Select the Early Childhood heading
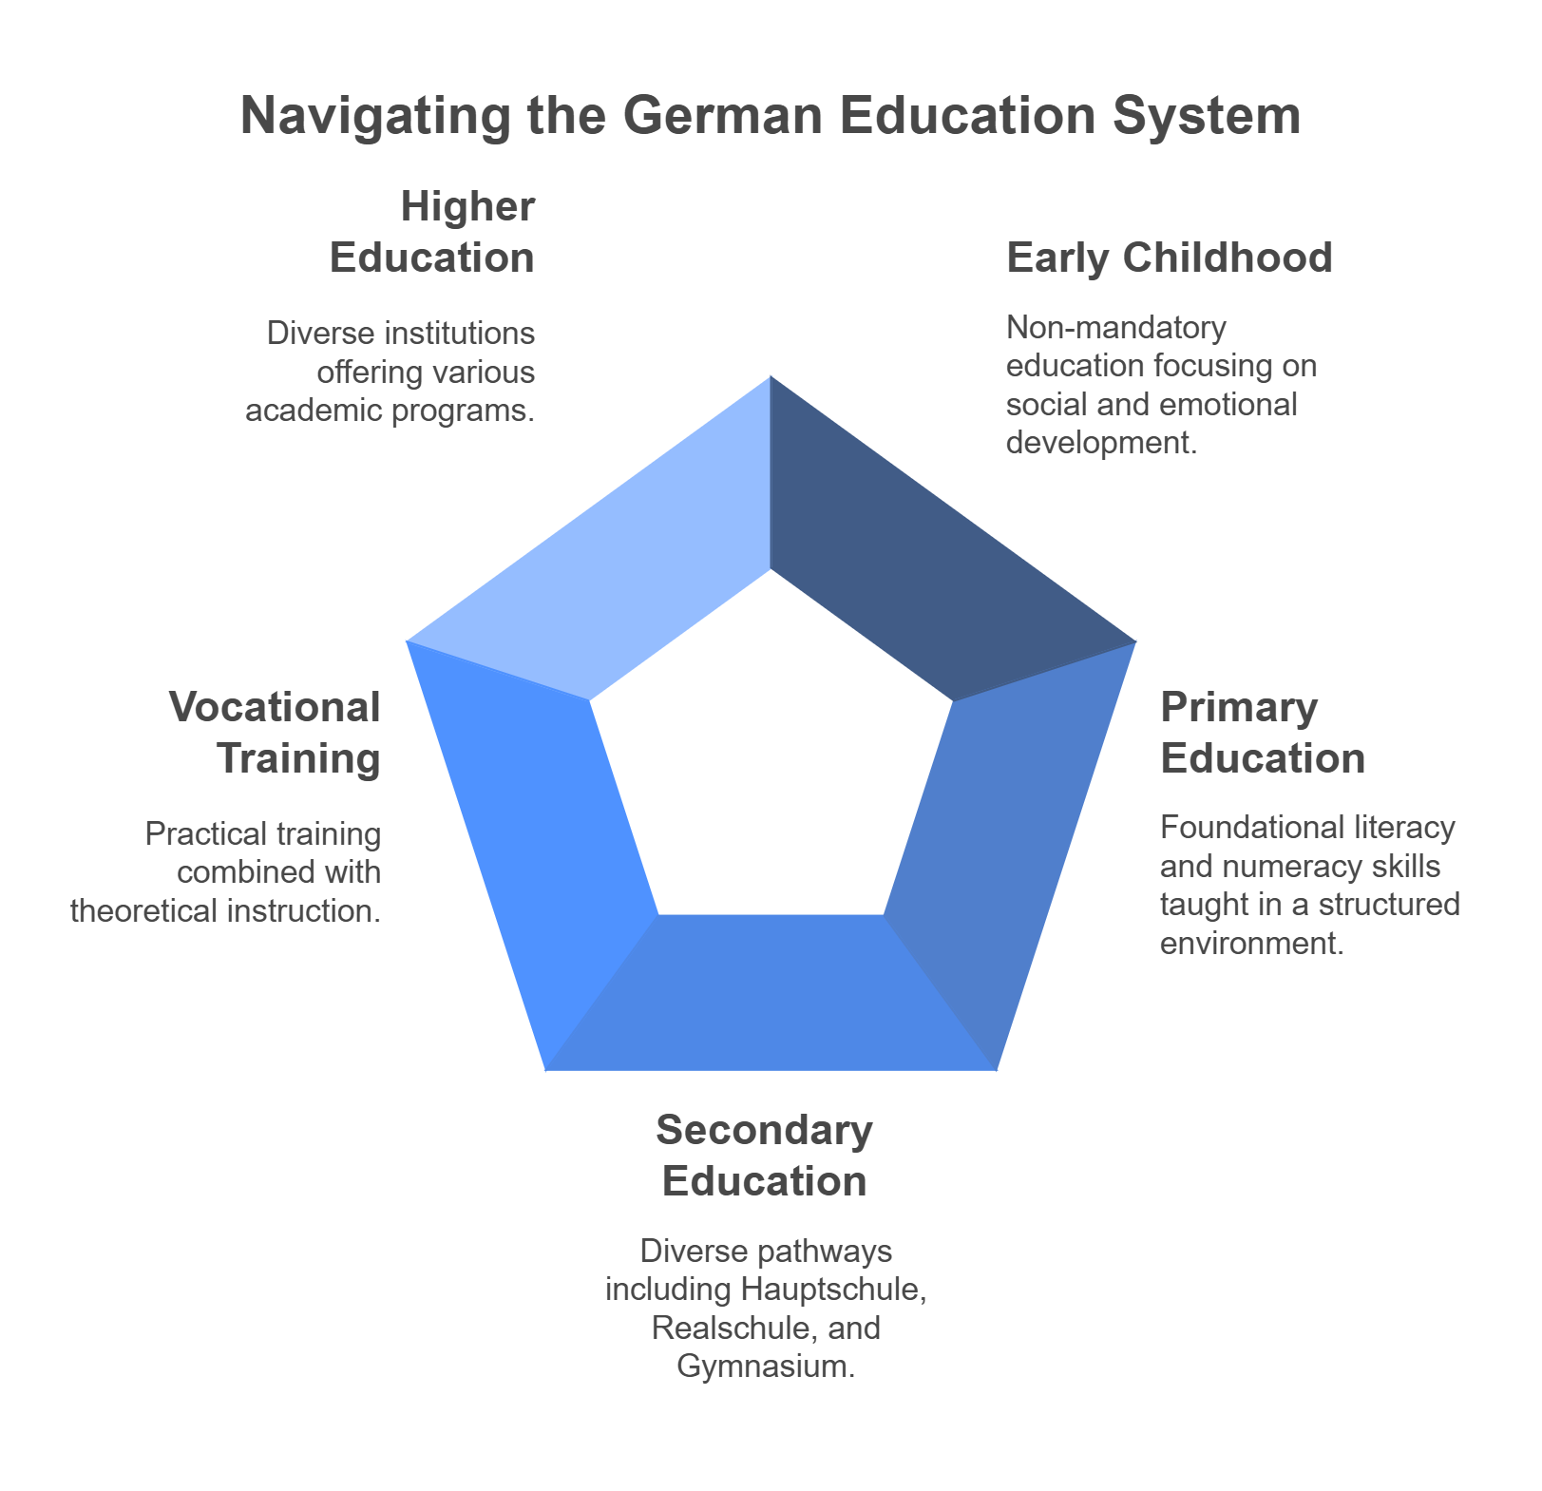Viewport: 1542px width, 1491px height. click(1169, 258)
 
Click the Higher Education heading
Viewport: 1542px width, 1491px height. click(433, 232)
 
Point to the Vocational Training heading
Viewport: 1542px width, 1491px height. click(276, 733)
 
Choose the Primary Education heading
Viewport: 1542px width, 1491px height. click(1262, 733)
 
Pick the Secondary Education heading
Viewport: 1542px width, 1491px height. click(764, 1156)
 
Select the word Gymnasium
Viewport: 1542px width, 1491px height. click(765, 1367)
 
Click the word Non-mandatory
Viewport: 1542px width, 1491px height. click(1115, 328)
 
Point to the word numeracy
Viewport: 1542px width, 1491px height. click(1284, 867)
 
